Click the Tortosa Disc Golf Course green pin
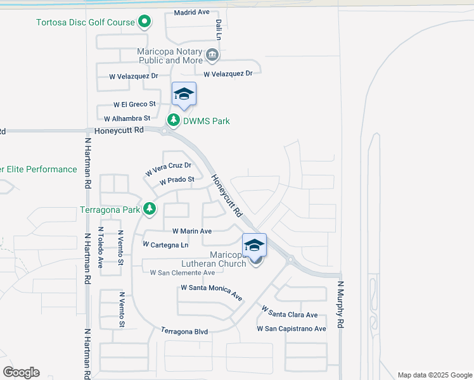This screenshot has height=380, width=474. click(144, 22)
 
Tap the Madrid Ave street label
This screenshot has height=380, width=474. click(191, 12)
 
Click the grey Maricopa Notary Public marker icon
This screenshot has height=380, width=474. click(212, 55)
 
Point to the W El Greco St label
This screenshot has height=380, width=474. click(134, 104)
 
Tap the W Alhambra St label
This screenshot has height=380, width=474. click(127, 118)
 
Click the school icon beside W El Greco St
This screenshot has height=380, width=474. click(184, 94)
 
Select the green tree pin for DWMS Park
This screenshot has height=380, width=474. click(173, 120)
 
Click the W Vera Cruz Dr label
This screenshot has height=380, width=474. click(168, 169)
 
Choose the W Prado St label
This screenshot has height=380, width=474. click(177, 180)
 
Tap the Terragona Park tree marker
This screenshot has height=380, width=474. click(150, 208)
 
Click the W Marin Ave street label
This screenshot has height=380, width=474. click(191, 231)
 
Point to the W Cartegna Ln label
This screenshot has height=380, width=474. click(165, 244)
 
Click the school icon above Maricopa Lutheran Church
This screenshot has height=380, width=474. click(254, 245)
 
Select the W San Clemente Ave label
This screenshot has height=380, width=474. click(182, 272)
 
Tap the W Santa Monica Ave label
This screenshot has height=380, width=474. click(212, 292)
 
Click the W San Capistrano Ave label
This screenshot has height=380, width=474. click(291, 329)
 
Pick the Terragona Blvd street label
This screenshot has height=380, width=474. click(184, 331)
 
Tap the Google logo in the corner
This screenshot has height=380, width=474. click(21, 372)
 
